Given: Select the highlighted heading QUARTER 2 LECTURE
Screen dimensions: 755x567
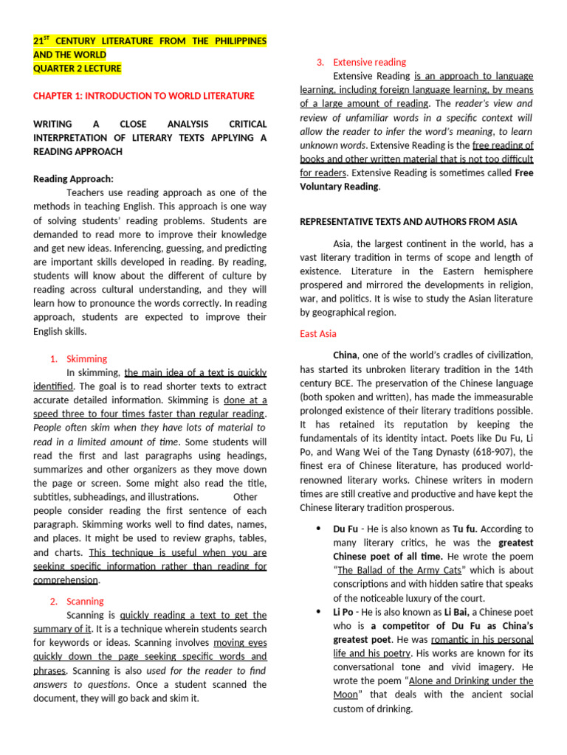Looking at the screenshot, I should (78, 69).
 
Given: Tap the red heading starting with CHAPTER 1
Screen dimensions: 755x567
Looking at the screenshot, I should (144, 96).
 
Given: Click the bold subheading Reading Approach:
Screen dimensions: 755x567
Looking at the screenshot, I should (74, 178).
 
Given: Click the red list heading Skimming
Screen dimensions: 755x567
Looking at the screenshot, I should (87, 358).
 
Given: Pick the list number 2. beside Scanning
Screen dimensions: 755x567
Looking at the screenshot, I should (55, 601).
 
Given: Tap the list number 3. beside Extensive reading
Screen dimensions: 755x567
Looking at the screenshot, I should (320, 62).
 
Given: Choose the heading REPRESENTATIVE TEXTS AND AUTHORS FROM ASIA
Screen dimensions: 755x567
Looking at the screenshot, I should (408, 221).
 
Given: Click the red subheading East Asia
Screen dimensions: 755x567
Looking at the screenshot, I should (318, 333).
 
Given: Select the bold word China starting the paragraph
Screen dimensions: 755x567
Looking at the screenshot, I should (346, 355).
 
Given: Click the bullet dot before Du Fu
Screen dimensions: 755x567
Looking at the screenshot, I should (317, 529).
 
